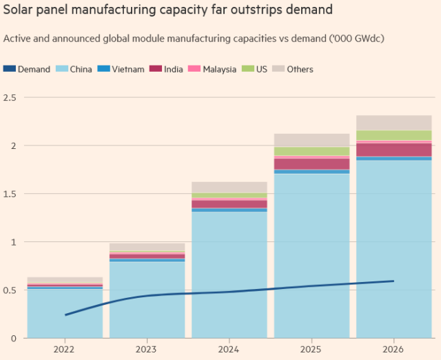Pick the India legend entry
174,69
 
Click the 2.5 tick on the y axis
10,97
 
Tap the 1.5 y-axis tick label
10,194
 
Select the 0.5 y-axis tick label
10,290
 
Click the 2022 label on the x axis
65,348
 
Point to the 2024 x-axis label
229,348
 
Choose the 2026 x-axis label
394,348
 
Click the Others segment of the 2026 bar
394,123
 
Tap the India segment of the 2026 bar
394,150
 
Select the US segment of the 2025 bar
311,151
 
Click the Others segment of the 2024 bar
229,187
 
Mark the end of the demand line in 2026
393,281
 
